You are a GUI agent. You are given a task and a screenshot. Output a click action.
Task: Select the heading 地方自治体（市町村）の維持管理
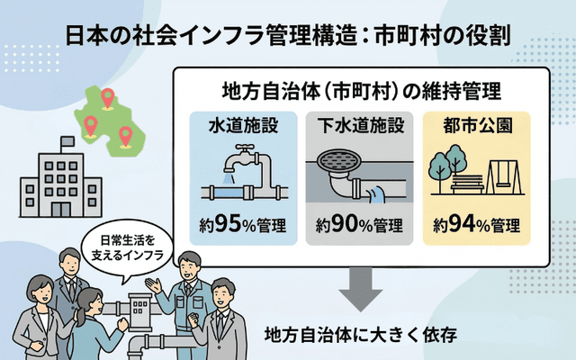(361, 92)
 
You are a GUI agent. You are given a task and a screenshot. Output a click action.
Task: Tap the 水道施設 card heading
(240, 124)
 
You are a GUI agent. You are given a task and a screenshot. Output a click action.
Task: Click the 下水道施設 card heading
(359, 124)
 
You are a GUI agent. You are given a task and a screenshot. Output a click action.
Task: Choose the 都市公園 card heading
(477, 124)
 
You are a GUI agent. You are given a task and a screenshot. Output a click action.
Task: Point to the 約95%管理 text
(240, 224)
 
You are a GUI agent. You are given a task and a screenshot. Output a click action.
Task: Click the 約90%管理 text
(359, 224)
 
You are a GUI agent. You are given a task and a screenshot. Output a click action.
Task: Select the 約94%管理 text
(477, 224)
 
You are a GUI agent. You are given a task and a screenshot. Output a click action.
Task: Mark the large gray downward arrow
(361, 292)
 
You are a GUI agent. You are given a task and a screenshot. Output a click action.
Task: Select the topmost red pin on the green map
(108, 95)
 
